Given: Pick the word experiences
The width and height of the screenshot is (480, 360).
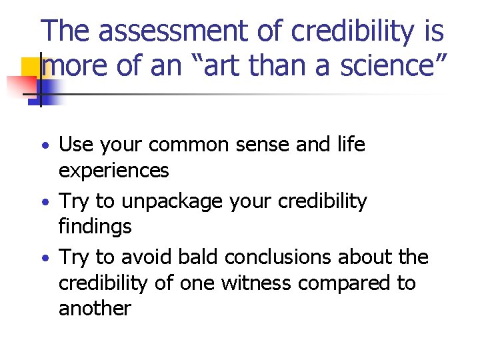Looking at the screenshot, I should pos(114,171).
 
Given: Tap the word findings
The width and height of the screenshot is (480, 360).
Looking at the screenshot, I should pos(95,227).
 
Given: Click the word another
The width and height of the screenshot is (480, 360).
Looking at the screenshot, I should pos(95,309).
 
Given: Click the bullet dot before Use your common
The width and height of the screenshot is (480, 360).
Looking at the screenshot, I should pos(43,146).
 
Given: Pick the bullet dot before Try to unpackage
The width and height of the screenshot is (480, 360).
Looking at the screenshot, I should pos(43,202).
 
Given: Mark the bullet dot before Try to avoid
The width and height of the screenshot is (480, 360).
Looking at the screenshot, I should pos(43,258).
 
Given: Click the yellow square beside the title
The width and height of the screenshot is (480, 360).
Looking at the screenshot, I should pos(32,69).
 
